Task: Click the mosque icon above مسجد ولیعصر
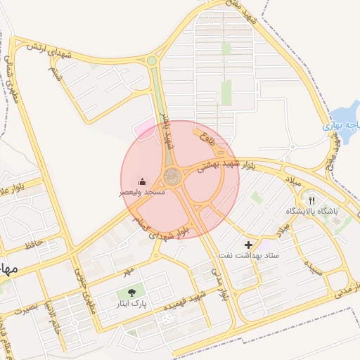pos(143,181)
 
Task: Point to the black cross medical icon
pos(248,244)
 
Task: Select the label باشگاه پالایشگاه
pos(311,211)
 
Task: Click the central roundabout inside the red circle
pos(172,175)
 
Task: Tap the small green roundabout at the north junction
pos(151,61)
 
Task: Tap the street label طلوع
pos(205,134)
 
